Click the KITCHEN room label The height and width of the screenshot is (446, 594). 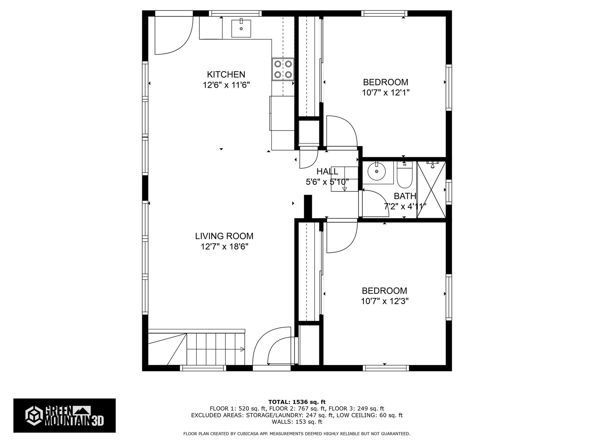pos(226,74)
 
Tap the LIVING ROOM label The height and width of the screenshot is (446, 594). pos(224,236)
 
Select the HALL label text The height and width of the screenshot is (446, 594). pos(327,171)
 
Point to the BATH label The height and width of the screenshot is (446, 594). pos(405,196)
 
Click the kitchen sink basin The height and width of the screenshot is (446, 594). pos(241,28)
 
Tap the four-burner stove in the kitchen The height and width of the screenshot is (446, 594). pos(283,69)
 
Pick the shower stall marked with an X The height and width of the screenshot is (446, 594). pos(431,190)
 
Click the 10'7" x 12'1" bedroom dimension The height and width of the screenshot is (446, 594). pos(386,93)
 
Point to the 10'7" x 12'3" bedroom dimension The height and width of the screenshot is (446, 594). pos(385,301)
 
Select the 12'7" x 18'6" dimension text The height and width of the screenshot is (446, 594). pos(224,247)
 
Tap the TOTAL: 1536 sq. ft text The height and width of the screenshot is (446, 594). pos(297,402)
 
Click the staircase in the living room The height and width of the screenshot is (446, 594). pos(196,347)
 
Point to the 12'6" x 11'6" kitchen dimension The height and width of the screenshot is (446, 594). pos(226,85)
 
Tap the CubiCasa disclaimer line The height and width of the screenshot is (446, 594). pos(297,434)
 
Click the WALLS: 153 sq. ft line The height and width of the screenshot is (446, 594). pos(297,421)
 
